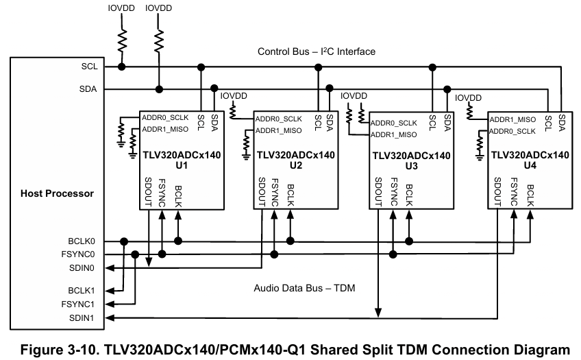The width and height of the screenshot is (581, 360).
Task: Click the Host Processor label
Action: click(x=57, y=193)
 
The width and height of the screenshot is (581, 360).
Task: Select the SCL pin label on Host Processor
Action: click(x=89, y=67)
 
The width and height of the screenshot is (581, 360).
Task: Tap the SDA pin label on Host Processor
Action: click(x=88, y=89)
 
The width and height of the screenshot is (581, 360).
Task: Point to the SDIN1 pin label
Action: click(x=82, y=318)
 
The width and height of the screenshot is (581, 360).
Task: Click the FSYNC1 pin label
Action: click(x=78, y=304)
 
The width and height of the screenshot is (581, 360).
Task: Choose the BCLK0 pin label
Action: click(x=82, y=241)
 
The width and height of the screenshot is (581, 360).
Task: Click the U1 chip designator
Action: click(x=182, y=165)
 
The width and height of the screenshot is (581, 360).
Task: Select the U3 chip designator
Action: click(x=411, y=166)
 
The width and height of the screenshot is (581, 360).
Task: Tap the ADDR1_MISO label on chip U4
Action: click(x=512, y=119)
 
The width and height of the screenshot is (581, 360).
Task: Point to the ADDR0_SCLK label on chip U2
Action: click(x=279, y=119)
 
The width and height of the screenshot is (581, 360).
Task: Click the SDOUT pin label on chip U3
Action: click(x=378, y=192)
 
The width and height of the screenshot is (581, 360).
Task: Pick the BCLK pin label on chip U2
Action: click(x=290, y=195)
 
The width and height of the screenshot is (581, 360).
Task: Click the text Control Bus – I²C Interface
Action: click(x=317, y=51)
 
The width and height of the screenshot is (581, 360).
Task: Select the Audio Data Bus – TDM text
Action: click(x=304, y=288)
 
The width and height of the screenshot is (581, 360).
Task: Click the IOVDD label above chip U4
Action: click(x=468, y=98)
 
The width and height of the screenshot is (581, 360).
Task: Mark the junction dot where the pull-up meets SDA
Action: click(x=159, y=89)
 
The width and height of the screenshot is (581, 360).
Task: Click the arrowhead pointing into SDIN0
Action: click(x=109, y=267)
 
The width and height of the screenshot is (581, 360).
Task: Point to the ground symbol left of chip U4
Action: click(x=480, y=158)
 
